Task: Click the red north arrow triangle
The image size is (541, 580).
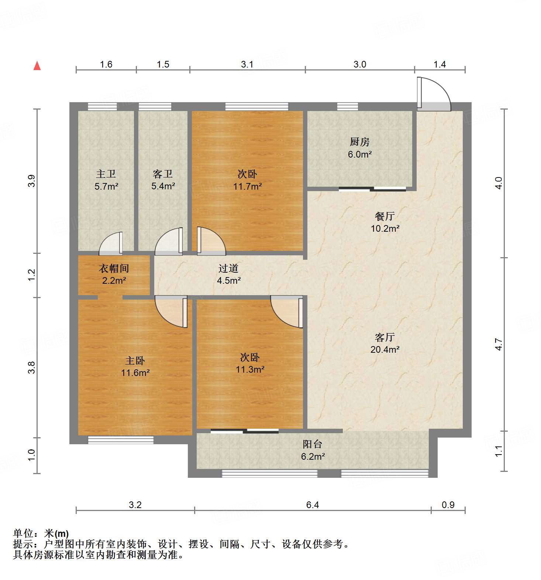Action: pyautogui.click(x=37, y=66)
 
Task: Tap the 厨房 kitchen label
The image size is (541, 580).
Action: pyautogui.click(x=359, y=142)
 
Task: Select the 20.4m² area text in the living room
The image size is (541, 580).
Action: pyautogui.click(x=385, y=349)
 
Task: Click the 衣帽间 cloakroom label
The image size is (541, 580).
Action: pyautogui.click(x=114, y=269)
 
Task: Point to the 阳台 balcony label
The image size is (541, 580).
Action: pyautogui.click(x=313, y=444)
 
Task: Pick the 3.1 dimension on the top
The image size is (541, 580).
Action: pyautogui.click(x=247, y=65)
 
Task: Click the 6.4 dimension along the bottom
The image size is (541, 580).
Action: pyautogui.click(x=312, y=505)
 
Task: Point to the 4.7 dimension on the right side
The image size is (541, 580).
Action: pyautogui.click(x=499, y=344)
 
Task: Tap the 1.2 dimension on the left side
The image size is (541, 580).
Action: pyautogui.click(x=32, y=275)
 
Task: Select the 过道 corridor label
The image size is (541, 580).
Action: pyautogui.click(x=228, y=269)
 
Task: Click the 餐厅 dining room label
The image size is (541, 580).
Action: pyautogui.click(x=385, y=216)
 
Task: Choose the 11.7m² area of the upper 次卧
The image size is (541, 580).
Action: pyautogui.click(x=247, y=186)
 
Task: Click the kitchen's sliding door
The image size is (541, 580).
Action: pyautogui.click(x=372, y=189)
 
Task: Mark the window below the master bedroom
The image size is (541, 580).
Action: pyautogui.click(x=120, y=439)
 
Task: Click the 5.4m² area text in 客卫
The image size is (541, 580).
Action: pyautogui.click(x=163, y=186)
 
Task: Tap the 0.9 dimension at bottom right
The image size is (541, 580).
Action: pyautogui.click(x=448, y=505)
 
